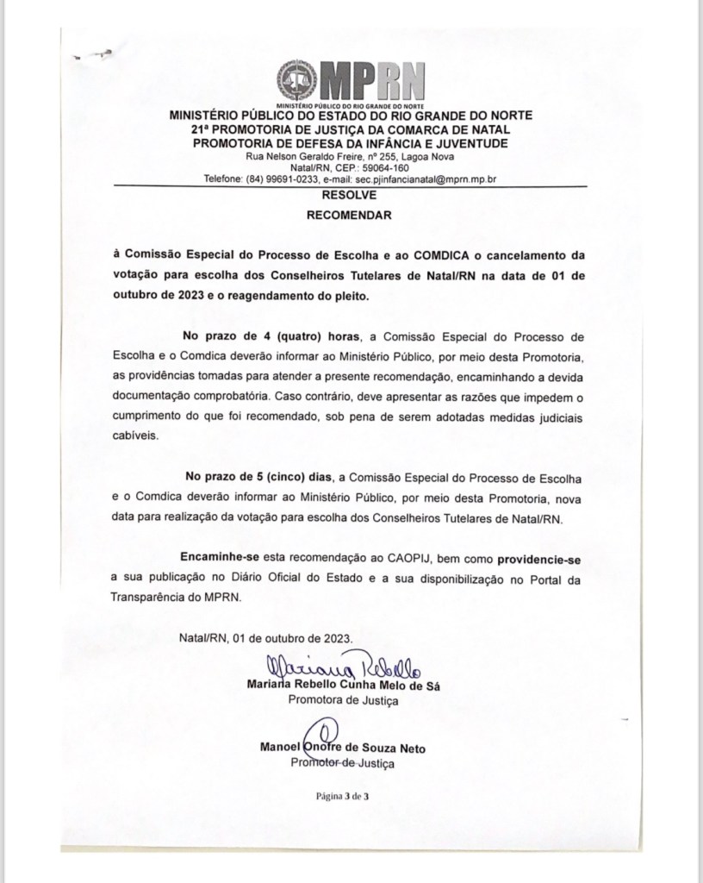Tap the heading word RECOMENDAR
coord(350,216)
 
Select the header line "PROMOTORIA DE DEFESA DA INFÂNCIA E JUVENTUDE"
coord(351,142)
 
